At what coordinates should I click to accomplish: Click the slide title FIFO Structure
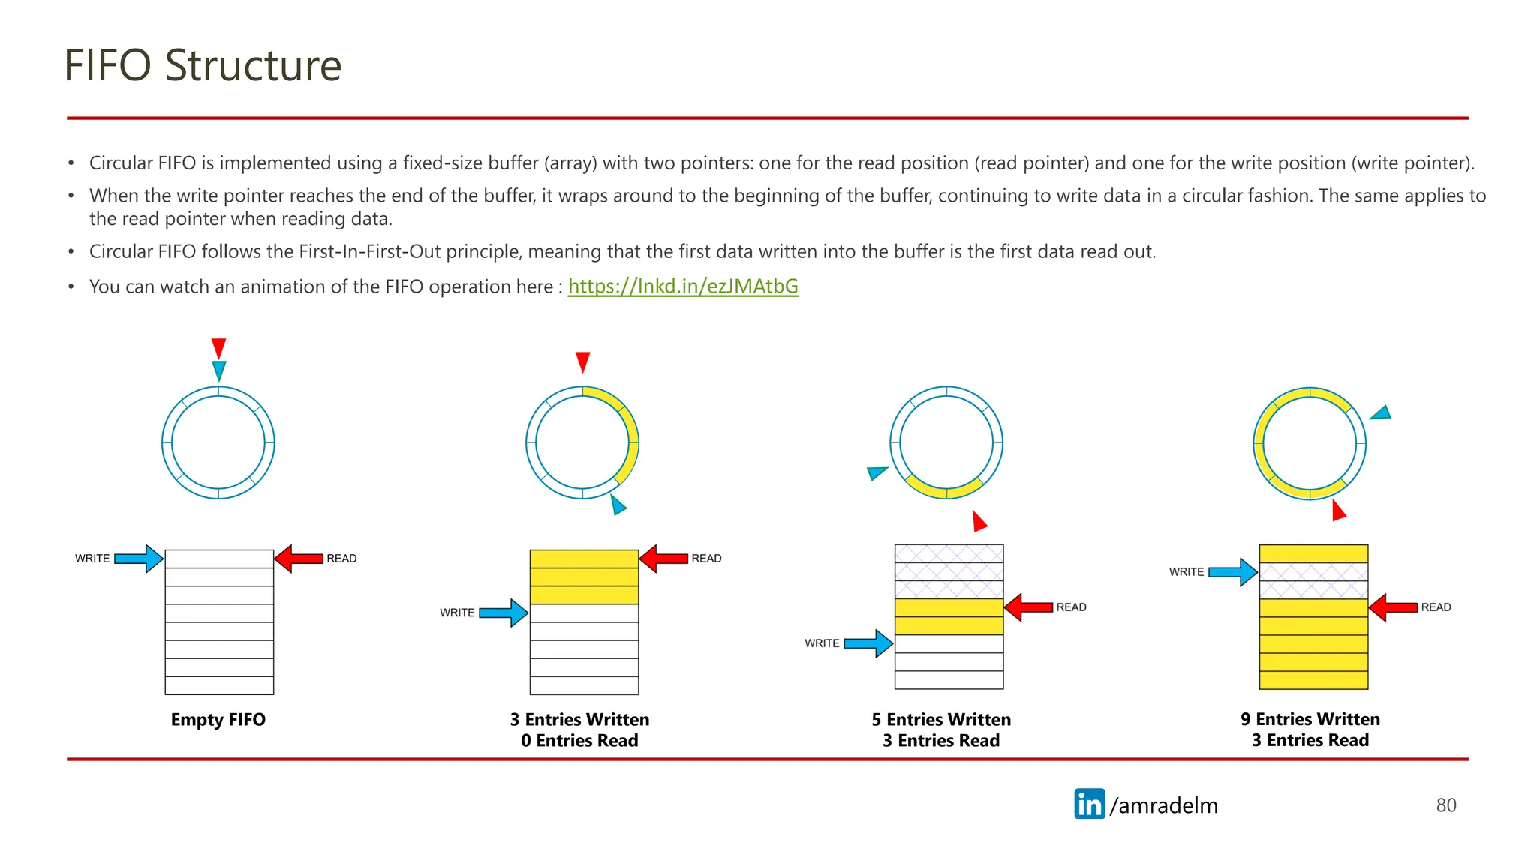[x=203, y=65]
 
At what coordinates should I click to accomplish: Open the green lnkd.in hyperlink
[x=683, y=286]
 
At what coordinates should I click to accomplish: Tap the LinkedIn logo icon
[x=1089, y=804]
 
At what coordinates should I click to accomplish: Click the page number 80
[x=1445, y=805]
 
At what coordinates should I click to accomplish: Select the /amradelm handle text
[x=1164, y=805]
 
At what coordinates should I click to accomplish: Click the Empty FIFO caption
[x=218, y=720]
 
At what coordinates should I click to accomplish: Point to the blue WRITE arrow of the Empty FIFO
[x=139, y=559]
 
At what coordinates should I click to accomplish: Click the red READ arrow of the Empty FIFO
[x=299, y=559]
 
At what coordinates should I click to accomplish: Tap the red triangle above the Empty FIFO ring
[x=218, y=347]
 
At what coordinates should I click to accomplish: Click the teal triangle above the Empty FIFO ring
[x=218, y=369]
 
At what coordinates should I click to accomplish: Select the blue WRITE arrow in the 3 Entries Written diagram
[x=504, y=613]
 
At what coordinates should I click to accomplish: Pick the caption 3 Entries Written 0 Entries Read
[x=579, y=730]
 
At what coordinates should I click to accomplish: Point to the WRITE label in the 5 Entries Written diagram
[x=822, y=643]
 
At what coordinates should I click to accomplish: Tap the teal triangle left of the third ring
[x=876, y=472]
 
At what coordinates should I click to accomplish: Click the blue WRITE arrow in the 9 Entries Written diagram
[x=1233, y=572]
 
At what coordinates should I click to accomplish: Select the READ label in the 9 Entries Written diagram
[x=1436, y=607]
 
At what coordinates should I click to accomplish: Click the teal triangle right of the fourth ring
[x=1382, y=413]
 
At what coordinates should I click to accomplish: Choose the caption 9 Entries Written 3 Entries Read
[x=1310, y=730]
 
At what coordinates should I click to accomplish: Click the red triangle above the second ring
[x=582, y=361]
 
